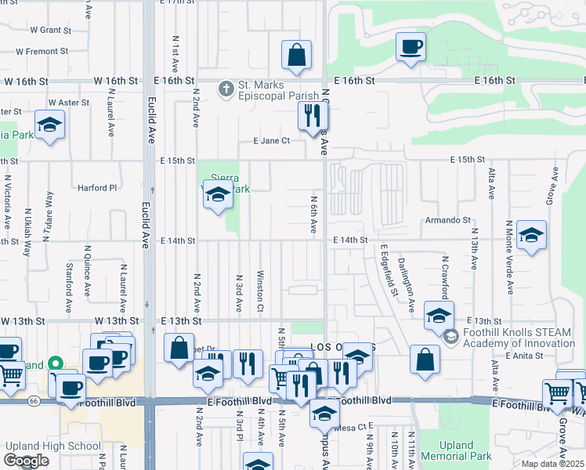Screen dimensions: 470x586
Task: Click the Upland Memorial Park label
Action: [x=457, y=450]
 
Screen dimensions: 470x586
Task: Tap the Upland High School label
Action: [x=51, y=446]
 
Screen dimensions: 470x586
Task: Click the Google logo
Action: [x=25, y=461]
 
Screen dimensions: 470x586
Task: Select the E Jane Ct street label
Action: [x=271, y=141]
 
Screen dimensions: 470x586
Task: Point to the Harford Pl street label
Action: [x=96, y=188]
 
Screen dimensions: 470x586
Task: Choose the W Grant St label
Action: [x=50, y=30]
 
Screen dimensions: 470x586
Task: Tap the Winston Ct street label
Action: [x=259, y=290]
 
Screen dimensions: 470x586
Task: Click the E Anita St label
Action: [x=524, y=356]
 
